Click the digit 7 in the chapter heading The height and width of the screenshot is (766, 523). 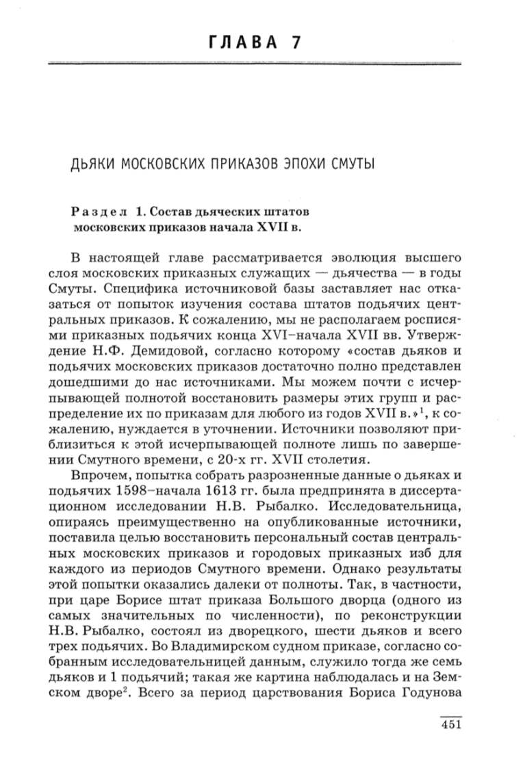tap(296, 42)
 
